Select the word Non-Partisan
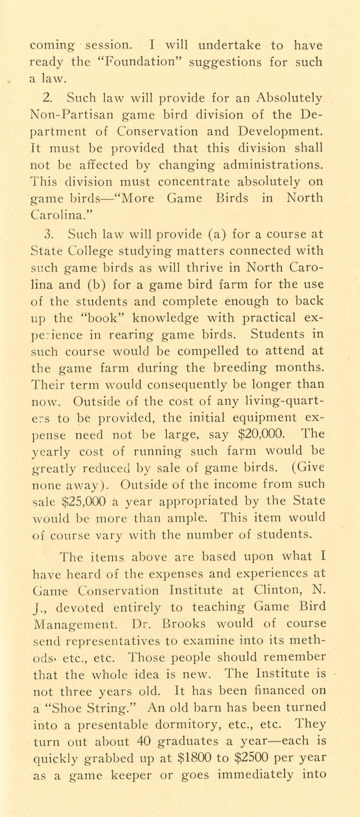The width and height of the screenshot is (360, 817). pos(72,115)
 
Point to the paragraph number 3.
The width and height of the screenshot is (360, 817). pos(48,234)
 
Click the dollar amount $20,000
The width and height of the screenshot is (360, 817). pos(261,434)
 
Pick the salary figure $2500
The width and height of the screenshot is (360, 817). pos(252,757)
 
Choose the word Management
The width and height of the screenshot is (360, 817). pos(75,624)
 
